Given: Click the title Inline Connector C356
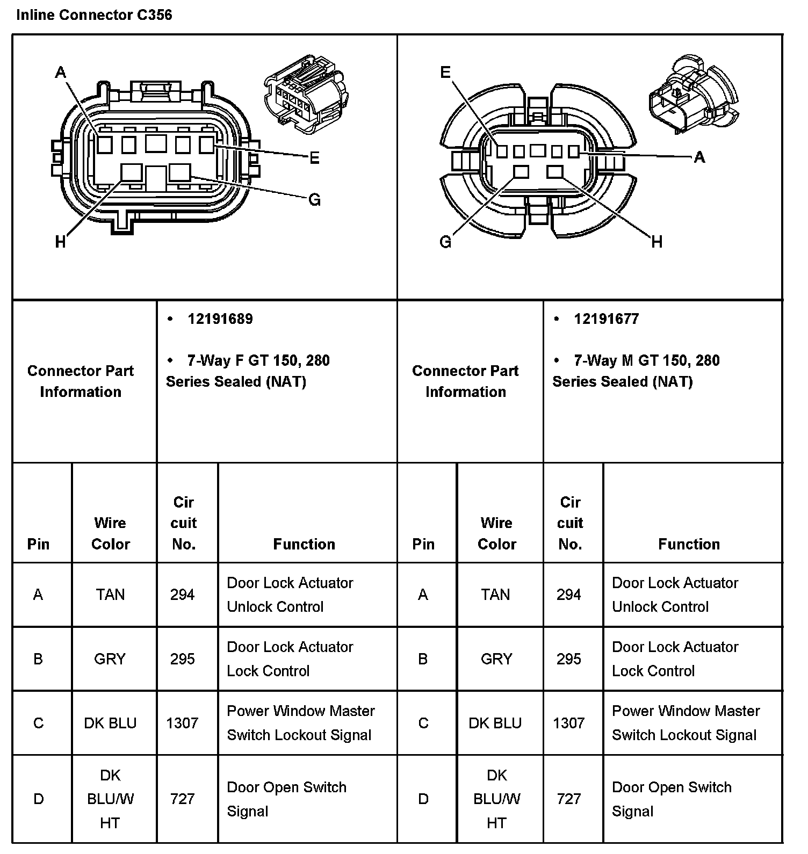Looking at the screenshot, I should click(x=94, y=15).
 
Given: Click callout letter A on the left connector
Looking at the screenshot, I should click(x=60, y=72).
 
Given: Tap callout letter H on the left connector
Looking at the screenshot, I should click(x=60, y=242).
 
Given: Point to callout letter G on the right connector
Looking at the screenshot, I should click(x=445, y=242).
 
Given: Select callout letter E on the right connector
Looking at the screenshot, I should click(x=445, y=72).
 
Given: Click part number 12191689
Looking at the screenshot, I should click(x=220, y=319).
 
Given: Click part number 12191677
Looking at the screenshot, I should click(x=606, y=319).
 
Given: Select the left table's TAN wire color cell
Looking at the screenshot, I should click(x=110, y=595).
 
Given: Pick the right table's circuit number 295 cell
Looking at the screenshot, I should click(x=569, y=659).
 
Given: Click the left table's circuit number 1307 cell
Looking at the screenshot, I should click(x=182, y=723).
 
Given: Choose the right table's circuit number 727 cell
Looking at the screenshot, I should click(x=569, y=799).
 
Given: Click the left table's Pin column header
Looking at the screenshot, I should click(x=38, y=544).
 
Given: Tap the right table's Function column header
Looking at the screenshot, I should click(x=689, y=544).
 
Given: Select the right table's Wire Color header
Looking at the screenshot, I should click(x=496, y=533).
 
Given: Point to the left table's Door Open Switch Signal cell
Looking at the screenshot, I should click(x=286, y=799).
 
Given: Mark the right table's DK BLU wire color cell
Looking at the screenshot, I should click(x=495, y=723).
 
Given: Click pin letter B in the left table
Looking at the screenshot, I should click(x=38, y=659).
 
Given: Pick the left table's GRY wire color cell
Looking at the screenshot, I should click(x=110, y=659).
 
